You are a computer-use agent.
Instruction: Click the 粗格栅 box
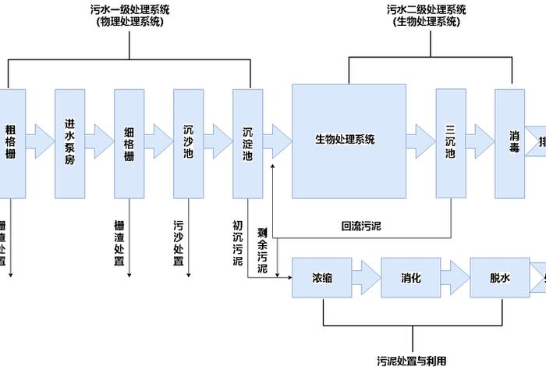click(11, 142)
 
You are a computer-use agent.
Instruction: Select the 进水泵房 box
click(70, 142)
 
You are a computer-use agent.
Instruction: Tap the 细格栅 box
click(129, 142)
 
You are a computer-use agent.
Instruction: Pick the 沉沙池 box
click(189, 142)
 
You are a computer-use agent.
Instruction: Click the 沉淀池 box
click(248, 142)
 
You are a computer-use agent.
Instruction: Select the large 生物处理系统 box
click(349, 141)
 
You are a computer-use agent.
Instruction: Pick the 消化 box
click(412, 277)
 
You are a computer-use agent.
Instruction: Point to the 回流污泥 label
click(362, 226)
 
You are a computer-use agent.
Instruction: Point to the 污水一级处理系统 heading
click(129, 16)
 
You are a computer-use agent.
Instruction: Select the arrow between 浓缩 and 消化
click(367, 277)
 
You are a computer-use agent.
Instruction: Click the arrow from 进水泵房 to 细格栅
click(100, 142)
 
